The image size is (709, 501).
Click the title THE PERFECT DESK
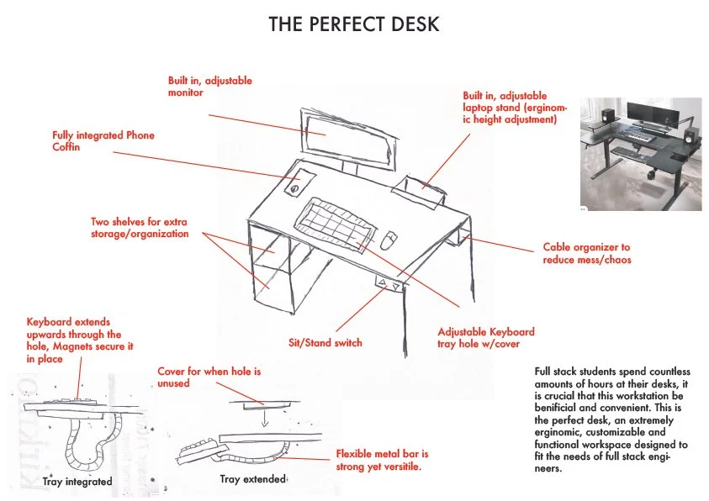pyautogui.click(x=353, y=24)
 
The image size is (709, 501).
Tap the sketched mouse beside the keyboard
pyautogui.click(x=388, y=240)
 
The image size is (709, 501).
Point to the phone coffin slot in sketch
pyautogui.click(x=295, y=187)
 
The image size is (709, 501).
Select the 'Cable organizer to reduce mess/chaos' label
pyautogui.click(x=586, y=253)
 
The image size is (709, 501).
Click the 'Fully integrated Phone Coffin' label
pyautogui.click(x=103, y=141)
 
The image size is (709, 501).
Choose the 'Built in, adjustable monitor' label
pyautogui.click(x=209, y=87)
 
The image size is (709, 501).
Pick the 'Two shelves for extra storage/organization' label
pyautogui.click(x=140, y=228)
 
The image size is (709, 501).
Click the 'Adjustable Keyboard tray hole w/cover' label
pyautogui.click(x=486, y=337)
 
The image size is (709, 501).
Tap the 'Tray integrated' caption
pyautogui.click(x=77, y=482)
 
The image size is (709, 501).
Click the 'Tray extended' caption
pyautogui.click(x=253, y=479)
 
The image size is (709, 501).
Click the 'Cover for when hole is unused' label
pyautogui.click(x=202, y=377)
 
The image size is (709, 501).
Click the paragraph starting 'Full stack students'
pyautogui.click(x=611, y=419)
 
